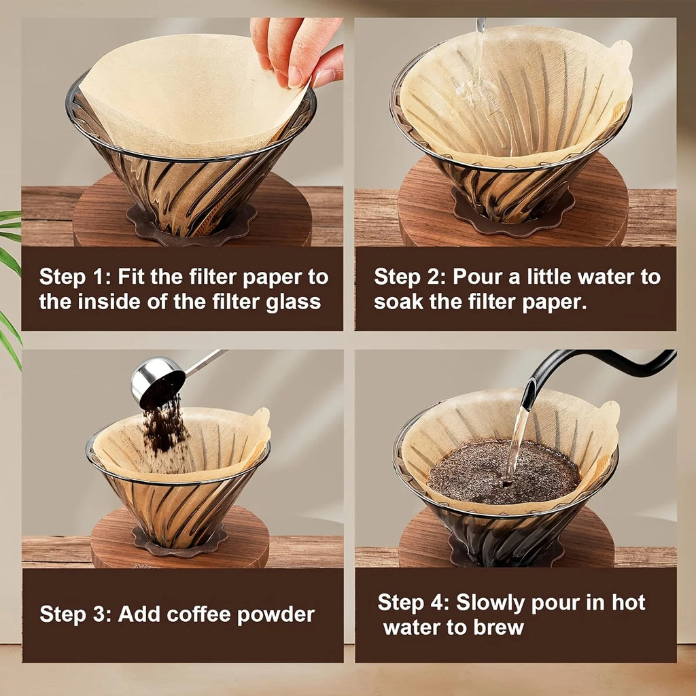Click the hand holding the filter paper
[x=298, y=50]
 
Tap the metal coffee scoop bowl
[x=157, y=382]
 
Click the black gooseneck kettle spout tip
[x=528, y=401]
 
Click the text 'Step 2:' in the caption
[x=409, y=277]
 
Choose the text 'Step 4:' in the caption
[x=413, y=603]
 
